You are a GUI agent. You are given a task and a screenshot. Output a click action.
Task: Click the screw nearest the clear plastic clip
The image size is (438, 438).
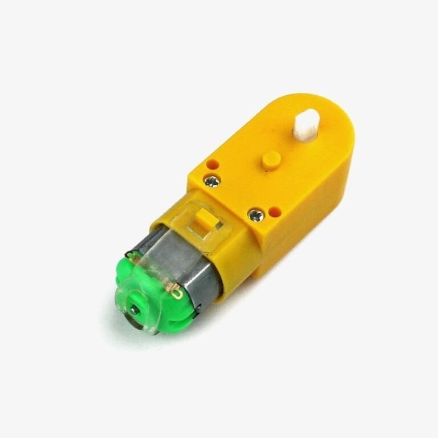pos(254,215)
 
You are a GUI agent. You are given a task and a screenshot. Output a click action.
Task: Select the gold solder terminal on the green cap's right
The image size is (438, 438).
pos(176,293)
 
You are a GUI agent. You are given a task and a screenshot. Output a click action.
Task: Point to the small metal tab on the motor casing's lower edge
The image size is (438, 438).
pos(197,311)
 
